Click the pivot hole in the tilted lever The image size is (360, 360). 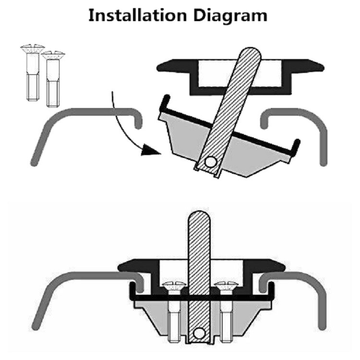(209, 162)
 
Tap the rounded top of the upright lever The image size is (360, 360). (198, 217)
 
